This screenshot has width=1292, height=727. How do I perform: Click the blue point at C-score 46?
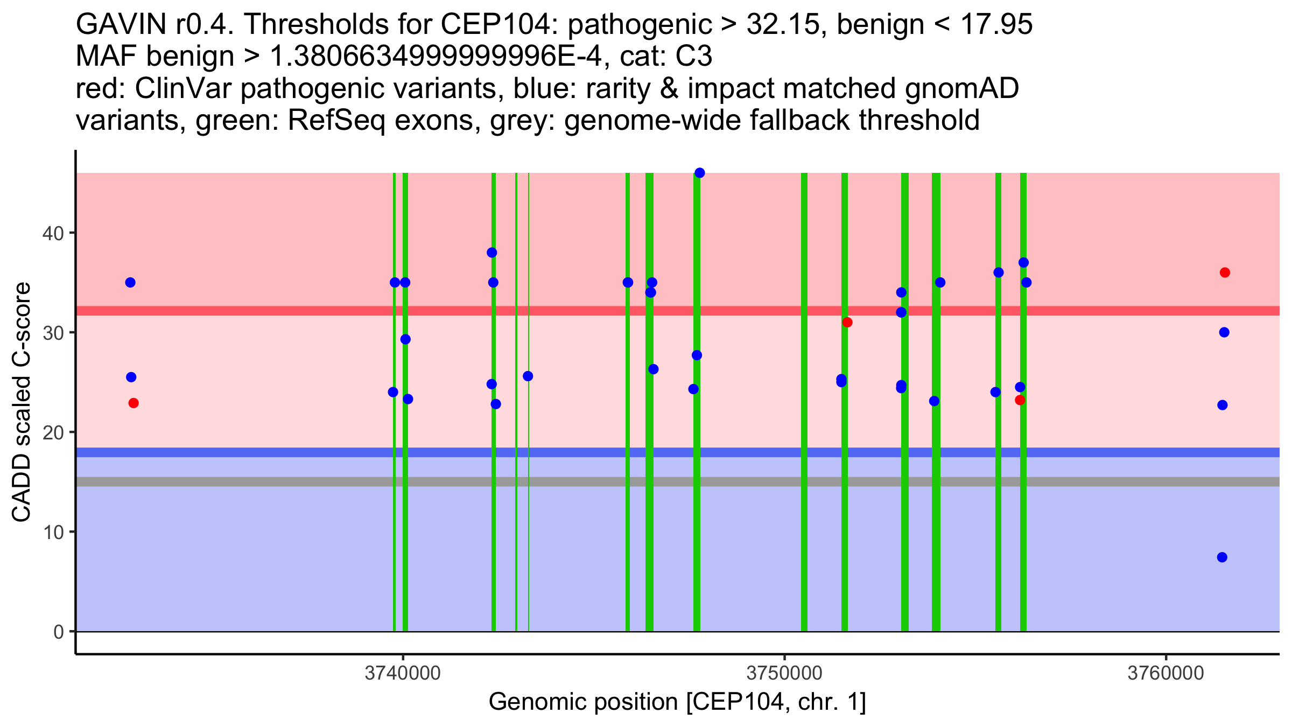[699, 173]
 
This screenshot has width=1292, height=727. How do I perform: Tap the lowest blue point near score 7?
[1222, 557]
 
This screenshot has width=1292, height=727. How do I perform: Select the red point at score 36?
[1225, 272]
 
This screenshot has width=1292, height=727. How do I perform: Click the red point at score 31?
[847, 323]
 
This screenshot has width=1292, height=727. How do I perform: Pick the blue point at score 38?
[491, 253]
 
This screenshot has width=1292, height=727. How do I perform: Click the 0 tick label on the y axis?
[58, 632]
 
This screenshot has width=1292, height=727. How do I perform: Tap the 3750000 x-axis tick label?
[784, 674]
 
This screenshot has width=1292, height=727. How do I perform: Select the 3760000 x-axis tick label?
[1165, 674]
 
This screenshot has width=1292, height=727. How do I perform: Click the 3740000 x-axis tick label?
[403, 674]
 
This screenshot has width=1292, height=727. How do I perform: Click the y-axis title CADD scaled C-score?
[22, 403]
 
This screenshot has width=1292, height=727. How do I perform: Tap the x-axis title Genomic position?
[677, 702]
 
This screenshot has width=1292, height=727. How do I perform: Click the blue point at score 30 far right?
[1224, 332]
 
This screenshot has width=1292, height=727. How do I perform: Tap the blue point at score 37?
[1023, 263]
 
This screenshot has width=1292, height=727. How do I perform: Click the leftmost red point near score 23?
[134, 403]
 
